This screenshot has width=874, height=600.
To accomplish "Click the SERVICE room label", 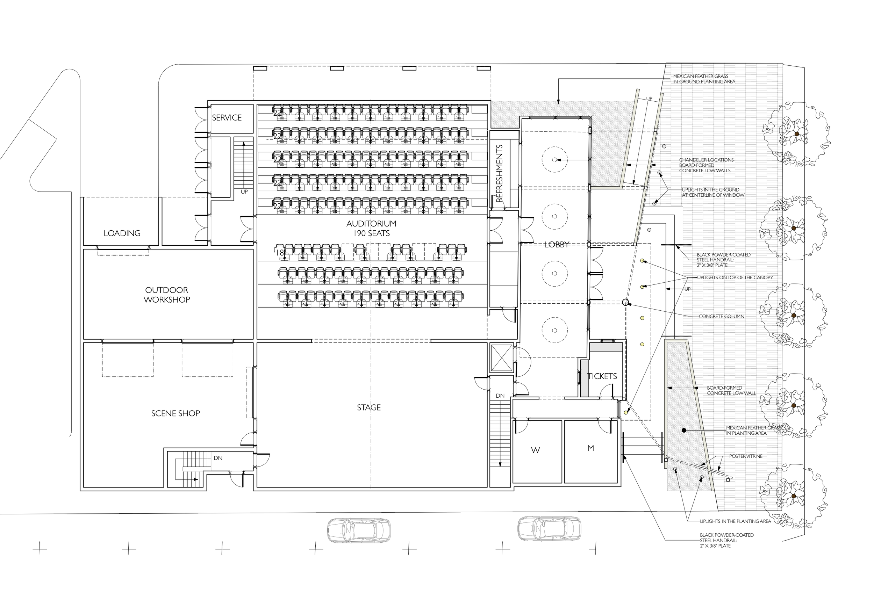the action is [227, 118].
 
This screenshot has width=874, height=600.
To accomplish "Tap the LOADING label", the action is [122, 233].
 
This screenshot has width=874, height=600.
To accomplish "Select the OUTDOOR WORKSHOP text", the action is [167, 295].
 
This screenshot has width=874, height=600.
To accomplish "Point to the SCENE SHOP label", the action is [175, 413].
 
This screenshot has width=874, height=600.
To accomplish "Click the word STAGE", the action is [369, 407].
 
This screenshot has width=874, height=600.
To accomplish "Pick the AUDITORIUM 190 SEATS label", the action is [372, 229].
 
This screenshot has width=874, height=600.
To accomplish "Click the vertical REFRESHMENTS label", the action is [500, 173].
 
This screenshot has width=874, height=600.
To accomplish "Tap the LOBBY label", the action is [557, 245].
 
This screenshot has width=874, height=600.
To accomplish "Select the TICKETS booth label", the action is [602, 376].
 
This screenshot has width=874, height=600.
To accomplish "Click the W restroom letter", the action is [536, 450].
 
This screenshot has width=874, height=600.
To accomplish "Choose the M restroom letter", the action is [591, 448].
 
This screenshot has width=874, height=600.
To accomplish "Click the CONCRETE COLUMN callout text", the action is [722, 317].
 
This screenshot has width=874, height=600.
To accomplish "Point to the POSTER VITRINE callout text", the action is [746, 456].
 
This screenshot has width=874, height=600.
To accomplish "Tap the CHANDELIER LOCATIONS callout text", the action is [707, 160].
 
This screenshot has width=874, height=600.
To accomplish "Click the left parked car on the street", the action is [359, 530].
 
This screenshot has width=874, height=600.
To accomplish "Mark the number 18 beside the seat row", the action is [280, 253].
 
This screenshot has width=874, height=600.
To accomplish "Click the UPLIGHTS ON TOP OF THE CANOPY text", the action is [735, 278].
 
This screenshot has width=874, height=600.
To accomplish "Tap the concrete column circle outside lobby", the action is [625, 302].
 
